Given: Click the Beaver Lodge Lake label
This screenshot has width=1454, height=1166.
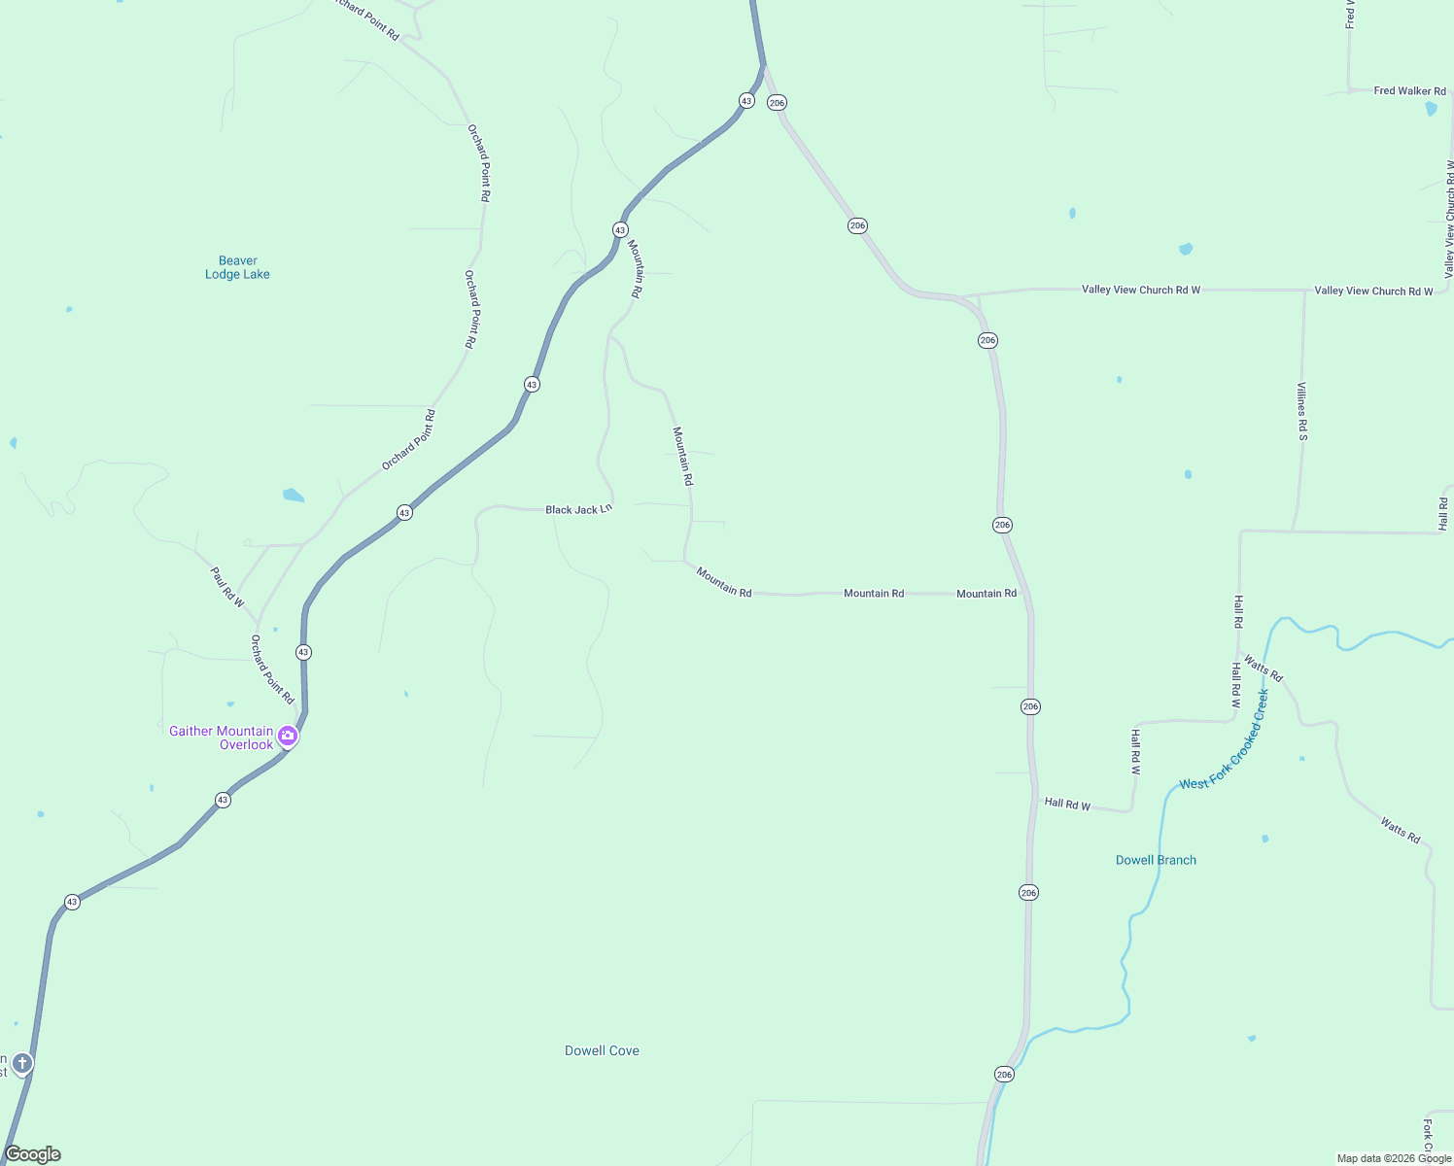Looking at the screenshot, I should (237, 267).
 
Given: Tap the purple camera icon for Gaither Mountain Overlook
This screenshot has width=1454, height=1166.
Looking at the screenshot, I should (288, 736).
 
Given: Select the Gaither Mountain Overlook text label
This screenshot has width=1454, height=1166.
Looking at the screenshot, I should (222, 737).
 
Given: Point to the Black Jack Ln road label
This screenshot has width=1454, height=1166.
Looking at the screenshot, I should (578, 509).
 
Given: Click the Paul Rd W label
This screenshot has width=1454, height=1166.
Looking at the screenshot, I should (228, 588).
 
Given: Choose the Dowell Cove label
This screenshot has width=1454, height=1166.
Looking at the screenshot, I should (602, 1050).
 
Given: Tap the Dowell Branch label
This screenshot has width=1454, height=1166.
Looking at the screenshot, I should (1156, 860).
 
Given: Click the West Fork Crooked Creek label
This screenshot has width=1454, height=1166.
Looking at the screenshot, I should (1225, 740).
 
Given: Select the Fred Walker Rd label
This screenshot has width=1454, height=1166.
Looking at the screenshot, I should (1409, 91).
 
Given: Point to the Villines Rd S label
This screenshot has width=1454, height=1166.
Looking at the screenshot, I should (1302, 411).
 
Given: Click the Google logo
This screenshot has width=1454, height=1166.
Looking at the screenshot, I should (33, 1154).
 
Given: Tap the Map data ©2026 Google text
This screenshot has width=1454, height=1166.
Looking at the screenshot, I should (1394, 1158).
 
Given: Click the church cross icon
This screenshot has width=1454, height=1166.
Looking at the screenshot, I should (22, 1063).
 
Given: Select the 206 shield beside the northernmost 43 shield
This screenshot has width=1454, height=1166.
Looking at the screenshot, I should (777, 102).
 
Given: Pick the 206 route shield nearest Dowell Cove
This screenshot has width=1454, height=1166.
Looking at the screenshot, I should (1004, 1074).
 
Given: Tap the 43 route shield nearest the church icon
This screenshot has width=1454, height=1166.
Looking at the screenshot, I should (72, 902).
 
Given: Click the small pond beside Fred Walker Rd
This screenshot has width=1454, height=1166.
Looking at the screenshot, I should (1431, 109).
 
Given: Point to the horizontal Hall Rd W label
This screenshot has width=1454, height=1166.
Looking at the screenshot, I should (1067, 805).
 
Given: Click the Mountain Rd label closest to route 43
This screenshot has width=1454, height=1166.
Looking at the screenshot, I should (636, 268).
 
